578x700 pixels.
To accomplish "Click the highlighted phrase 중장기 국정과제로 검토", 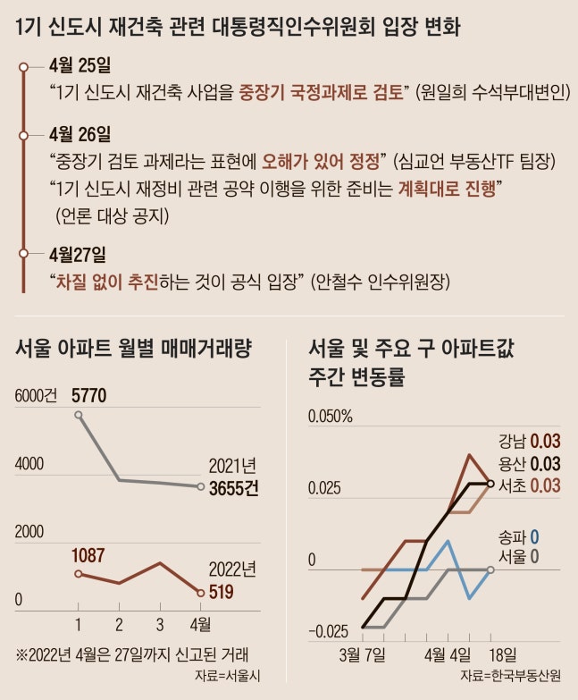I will pyautogui.click(x=323, y=91).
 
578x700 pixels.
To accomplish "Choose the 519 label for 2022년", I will pyautogui.click(x=221, y=591).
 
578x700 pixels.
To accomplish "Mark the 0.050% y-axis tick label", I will pyautogui.click(x=331, y=417).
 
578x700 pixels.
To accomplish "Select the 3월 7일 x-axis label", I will pyautogui.click(x=363, y=654).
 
